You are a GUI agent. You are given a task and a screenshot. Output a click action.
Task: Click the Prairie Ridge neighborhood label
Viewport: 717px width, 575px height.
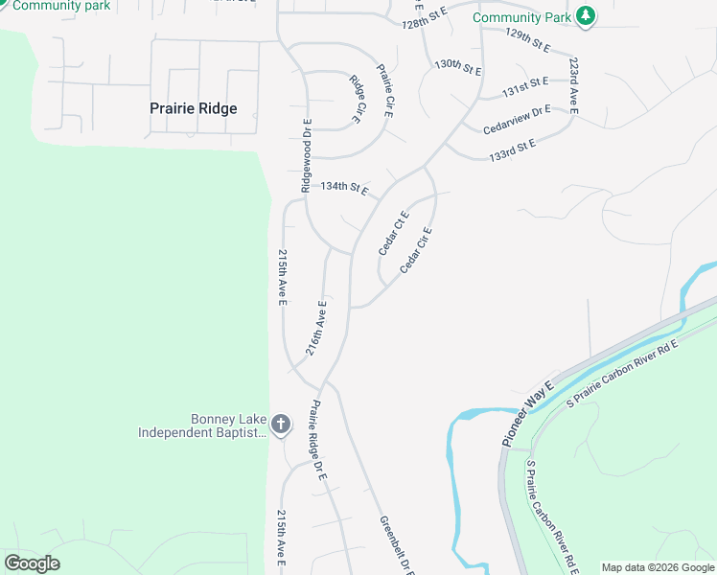pyautogui.click(x=193, y=108)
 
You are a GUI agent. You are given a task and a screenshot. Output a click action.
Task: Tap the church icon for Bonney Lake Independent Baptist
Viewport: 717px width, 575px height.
pyautogui.click(x=281, y=424)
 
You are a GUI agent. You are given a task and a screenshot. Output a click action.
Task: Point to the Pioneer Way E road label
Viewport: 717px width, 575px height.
pyautogui.click(x=527, y=412)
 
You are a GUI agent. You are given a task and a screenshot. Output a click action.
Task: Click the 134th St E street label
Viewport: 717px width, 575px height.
pyautogui.click(x=344, y=188)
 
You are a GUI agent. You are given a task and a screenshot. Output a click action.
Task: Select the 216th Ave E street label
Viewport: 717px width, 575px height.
pyautogui.click(x=316, y=329)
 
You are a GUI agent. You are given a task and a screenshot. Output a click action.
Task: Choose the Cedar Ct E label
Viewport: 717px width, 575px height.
pyautogui.click(x=393, y=233)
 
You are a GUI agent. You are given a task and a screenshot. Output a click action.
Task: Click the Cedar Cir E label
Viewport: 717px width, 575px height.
pyautogui.click(x=416, y=249)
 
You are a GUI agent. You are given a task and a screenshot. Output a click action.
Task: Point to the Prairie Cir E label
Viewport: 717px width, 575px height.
pyautogui.click(x=385, y=90)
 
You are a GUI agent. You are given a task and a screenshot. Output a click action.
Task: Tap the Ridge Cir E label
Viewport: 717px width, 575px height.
pyautogui.click(x=358, y=100)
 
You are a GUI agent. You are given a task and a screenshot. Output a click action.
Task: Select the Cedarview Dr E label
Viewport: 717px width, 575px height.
pyautogui.click(x=517, y=120)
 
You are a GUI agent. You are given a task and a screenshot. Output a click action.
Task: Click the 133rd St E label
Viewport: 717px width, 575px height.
pyautogui.click(x=512, y=149)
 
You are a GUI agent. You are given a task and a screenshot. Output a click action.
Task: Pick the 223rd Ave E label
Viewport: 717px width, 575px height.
pyautogui.click(x=573, y=85)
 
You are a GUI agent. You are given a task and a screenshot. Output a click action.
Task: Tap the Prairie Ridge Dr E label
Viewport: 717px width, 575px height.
pyautogui.click(x=317, y=441)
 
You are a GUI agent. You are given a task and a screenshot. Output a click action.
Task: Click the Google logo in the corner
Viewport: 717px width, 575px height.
pyautogui.click(x=32, y=564)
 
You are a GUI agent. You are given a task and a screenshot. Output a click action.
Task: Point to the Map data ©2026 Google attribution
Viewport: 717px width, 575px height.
pyautogui.click(x=658, y=567)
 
